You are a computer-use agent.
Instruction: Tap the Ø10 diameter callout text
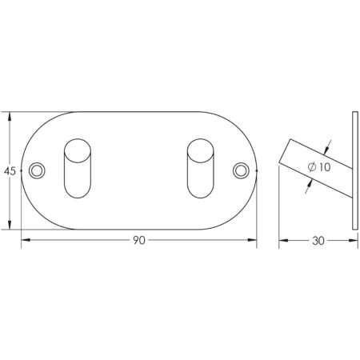click(319, 167)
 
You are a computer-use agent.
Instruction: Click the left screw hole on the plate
click(37, 170)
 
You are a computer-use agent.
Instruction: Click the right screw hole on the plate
click(241, 170)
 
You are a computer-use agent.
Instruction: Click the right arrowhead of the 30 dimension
click(352, 239)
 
